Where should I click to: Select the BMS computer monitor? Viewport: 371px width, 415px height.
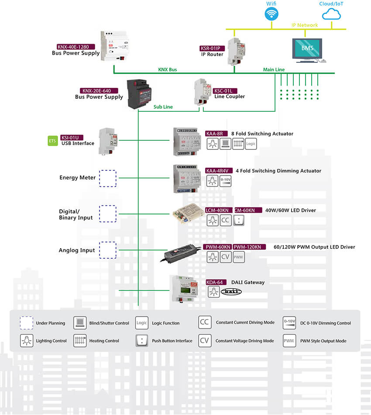pyautogui.click(x=307, y=48)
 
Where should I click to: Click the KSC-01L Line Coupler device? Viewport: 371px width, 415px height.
pyautogui.click(x=202, y=92)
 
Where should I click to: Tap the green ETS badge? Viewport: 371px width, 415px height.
pyautogui.click(x=53, y=141)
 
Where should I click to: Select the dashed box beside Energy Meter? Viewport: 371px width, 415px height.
pyautogui.click(x=108, y=179)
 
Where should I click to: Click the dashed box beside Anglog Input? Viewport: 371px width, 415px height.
pyautogui.click(x=108, y=250)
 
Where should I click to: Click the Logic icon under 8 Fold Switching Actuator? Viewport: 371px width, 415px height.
pyautogui.click(x=251, y=144)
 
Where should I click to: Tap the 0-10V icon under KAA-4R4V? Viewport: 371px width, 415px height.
pyautogui.click(x=226, y=181)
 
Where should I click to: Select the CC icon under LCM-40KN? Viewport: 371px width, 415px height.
pyautogui.click(x=226, y=220)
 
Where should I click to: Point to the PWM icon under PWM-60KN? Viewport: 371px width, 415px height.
pyautogui.click(x=238, y=257)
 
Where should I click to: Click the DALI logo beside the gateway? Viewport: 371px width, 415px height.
pyautogui.click(x=231, y=292)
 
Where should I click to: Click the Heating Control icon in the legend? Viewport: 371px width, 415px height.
pyautogui.click(x=79, y=341)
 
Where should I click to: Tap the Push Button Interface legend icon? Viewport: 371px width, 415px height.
pyautogui.click(x=141, y=341)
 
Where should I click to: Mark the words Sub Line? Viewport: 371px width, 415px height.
pyautogui.click(x=163, y=107)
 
